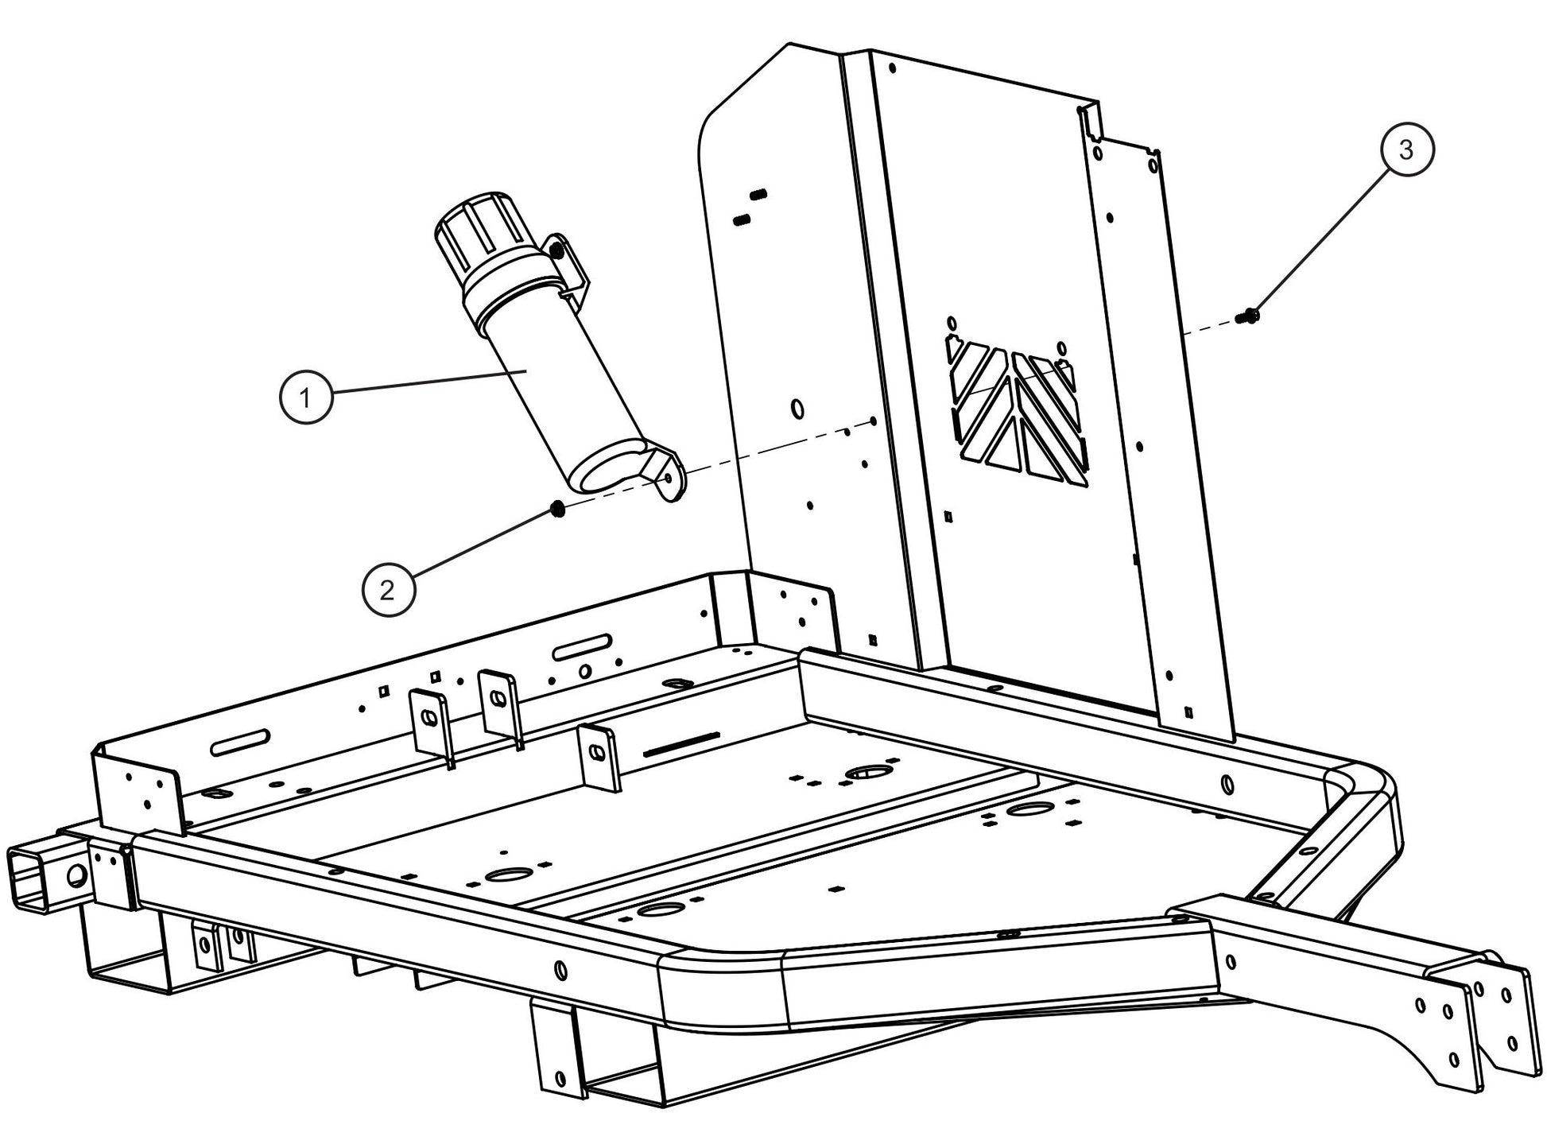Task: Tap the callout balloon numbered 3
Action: coord(1406,149)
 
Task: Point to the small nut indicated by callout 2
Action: coord(558,509)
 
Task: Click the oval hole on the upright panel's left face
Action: coord(797,408)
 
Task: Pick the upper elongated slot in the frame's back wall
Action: coord(584,646)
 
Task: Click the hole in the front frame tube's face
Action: coord(560,969)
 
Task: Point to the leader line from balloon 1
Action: coord(429,381)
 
